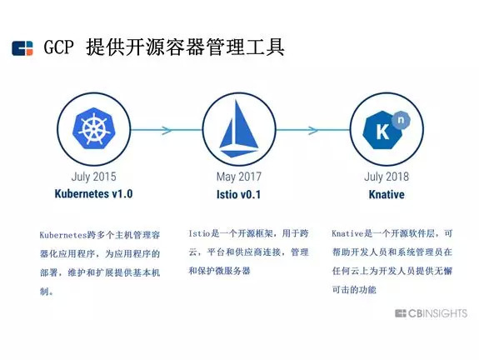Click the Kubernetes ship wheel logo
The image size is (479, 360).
pos(93,128)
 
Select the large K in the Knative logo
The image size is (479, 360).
pos(382,132)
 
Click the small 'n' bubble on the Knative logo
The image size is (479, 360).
pos(401,120)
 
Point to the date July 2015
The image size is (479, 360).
pos(94,177)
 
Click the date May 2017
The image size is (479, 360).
pos(239,177)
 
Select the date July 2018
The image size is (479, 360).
pos(387,177)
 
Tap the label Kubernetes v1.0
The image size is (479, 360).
pos(93,194)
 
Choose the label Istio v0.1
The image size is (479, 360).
pos(238,194)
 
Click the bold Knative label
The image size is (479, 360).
pos(387,194)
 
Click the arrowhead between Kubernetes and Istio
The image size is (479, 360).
pos(167,130)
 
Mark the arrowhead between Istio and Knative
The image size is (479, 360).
pos(313,130)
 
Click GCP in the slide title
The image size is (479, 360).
pos(58,47)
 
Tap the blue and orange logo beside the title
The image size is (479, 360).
pos(22,48)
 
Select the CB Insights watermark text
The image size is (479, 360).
pos(431,313)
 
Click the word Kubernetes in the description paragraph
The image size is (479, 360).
pos(63,235)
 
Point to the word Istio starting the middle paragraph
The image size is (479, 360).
pos(200,233)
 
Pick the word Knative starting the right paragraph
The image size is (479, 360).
pos(347,233)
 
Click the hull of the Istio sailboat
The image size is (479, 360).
pos(239,152)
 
